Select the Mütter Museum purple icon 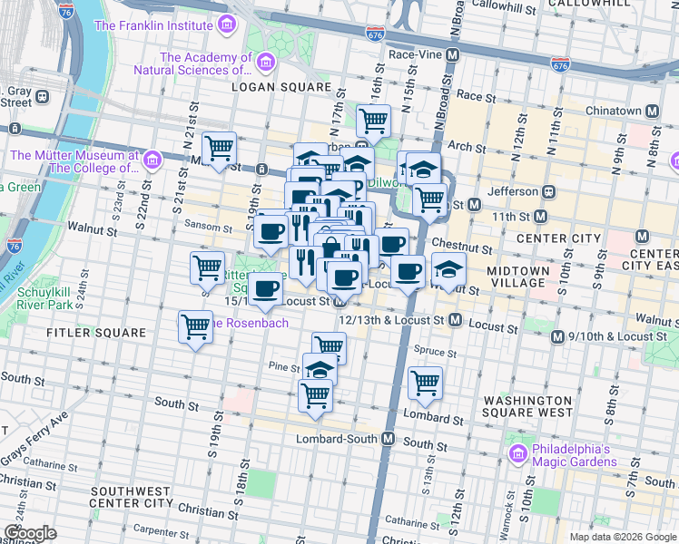pyautogui.click(x=152, y=161)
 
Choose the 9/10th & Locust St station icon pyautogui.click(x=559, y=336)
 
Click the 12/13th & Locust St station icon pyautogui.click(x=455, y=320)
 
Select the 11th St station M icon pyautogui.click(x=540, y=217)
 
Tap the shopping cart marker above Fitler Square pyautogui.click(x=195, y=327)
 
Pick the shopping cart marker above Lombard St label pyautogui.click(x=425, y=383)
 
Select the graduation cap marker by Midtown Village pyautogui.click(x=448, y=268)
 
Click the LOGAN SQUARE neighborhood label pyautogui.click(x=280, y=87)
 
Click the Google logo pyautogui.click(x=30, y=533)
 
